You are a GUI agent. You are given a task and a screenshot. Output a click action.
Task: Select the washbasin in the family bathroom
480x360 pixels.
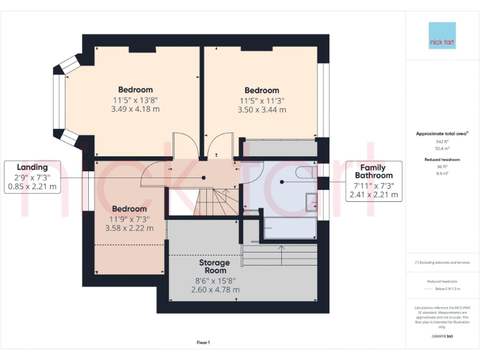point(311,202)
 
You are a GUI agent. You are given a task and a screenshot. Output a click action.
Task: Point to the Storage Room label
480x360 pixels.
point(214,267)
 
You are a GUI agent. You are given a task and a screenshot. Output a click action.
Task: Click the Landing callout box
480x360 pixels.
point(32,176)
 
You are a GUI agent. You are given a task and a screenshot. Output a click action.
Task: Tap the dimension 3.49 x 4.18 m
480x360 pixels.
point(136,109)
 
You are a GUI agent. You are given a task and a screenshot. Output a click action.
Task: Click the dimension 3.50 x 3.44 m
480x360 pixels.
point(262,109)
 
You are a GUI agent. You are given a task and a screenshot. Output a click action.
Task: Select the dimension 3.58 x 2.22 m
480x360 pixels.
point(129,228)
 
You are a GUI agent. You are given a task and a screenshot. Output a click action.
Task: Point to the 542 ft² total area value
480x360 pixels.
point(442,141)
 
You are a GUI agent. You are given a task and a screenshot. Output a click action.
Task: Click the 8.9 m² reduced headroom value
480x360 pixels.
point(442,173)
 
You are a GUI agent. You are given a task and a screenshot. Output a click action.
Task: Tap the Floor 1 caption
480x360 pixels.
point(203,342)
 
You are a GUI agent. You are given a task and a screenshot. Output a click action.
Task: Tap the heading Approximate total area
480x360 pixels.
point(441,134)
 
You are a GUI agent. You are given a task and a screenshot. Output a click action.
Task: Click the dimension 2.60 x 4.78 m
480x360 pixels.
point(215,289)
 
